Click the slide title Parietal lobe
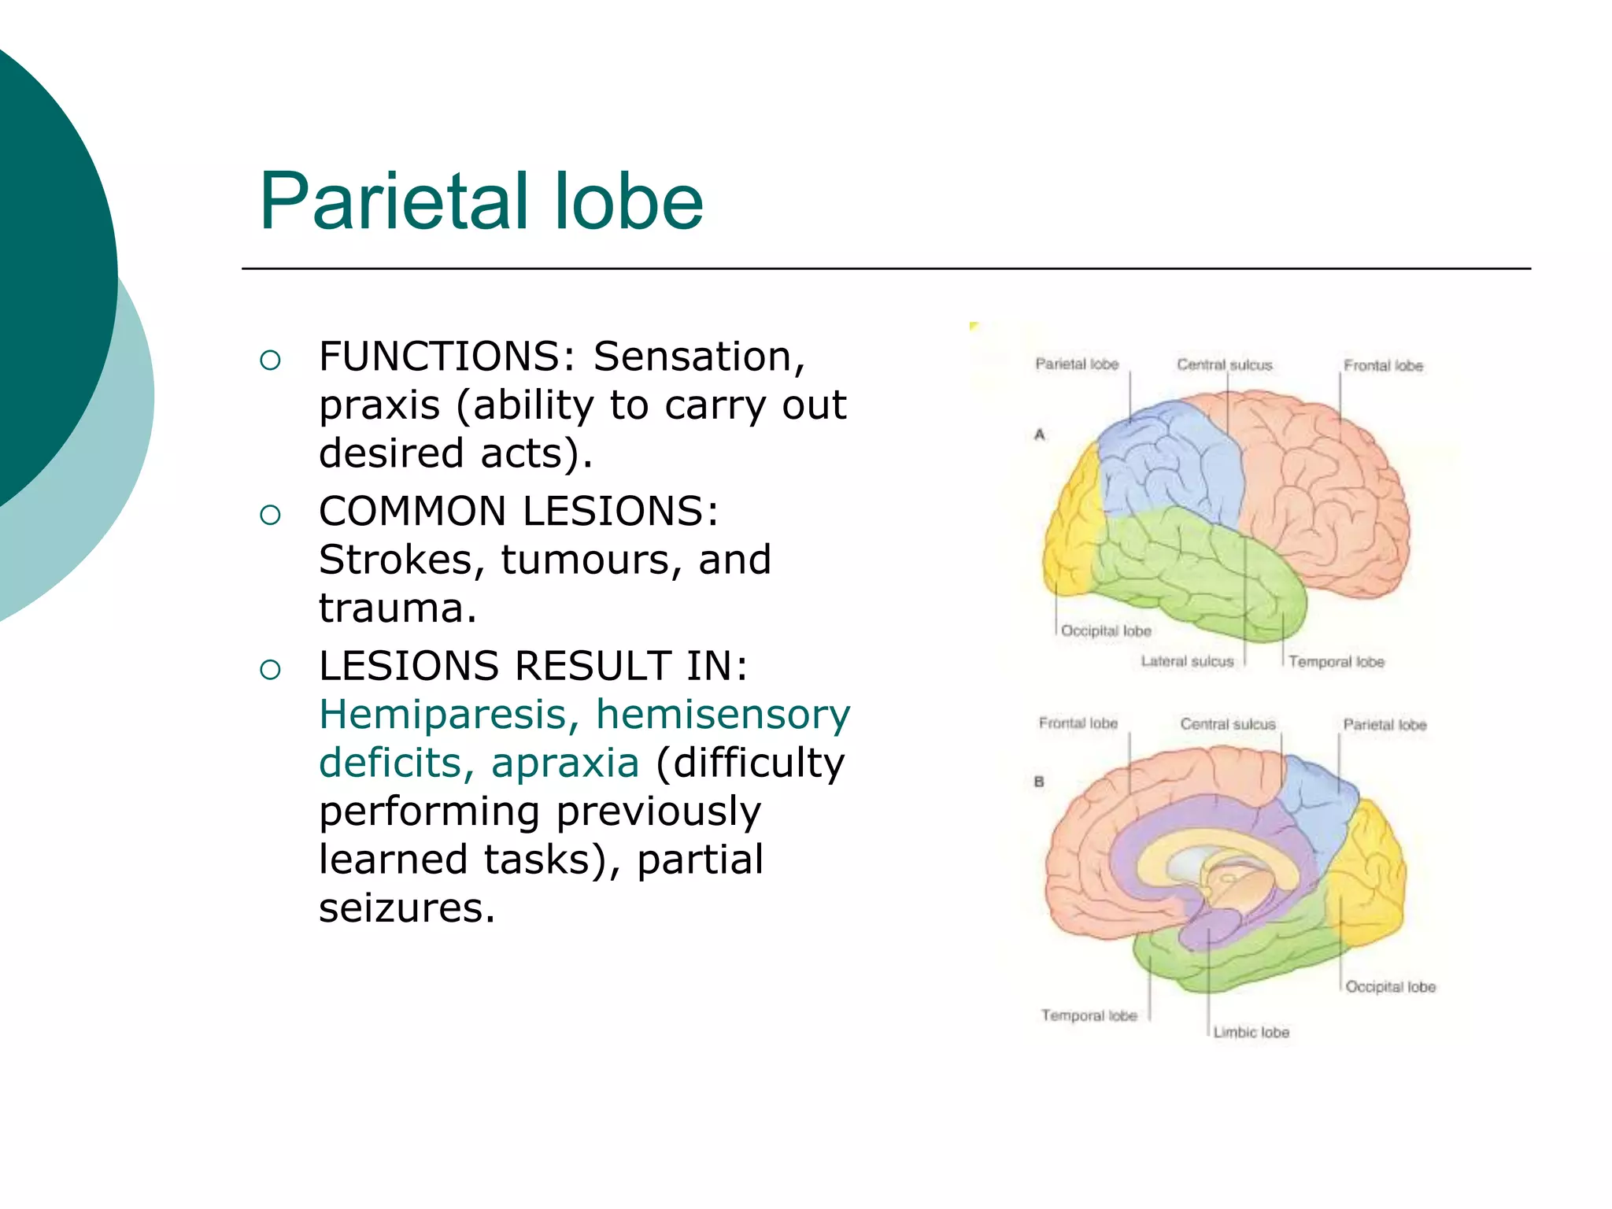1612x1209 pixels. pos(481,202)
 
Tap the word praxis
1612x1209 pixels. pos(379,406)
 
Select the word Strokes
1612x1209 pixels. pos(396,560)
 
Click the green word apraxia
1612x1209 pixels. pos(565,763)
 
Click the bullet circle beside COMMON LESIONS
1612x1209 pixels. pos(270,515)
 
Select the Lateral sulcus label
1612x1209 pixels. pos(1187,661)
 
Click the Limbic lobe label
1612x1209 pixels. pos(1251,1032)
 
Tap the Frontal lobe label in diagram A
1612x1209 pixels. pos(1383,366)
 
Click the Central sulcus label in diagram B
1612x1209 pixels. pos(1227,724)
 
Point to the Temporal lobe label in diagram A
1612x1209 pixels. pos(1336,662)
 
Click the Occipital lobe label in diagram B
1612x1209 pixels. pos(1390,987)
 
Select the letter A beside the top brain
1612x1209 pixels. pos(1039,434)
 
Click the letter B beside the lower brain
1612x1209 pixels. pos(1039,782)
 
